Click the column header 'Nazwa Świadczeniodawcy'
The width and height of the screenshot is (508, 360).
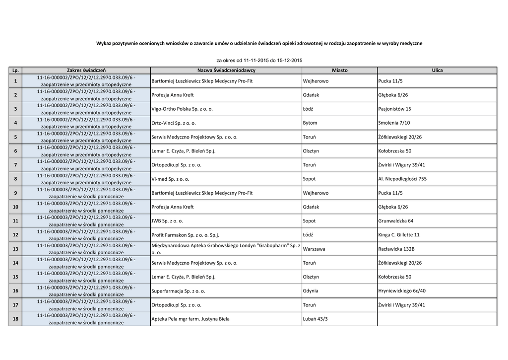click(x=226, y=71)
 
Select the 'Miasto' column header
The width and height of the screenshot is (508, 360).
click(x=339, y=71)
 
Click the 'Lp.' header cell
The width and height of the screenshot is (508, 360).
click(x=15, y=71)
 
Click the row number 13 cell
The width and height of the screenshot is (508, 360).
click(x=15, y=249)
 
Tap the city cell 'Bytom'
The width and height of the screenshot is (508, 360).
click(x=310, y=123)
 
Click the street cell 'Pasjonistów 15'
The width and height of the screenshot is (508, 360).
click(x=394, y=109)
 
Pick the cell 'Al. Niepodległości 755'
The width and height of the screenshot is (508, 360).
click(x=402, y=179)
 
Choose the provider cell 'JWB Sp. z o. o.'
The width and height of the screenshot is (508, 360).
click(x=167, y=221)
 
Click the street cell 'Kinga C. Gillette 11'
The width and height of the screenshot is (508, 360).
click(x=399, y=235)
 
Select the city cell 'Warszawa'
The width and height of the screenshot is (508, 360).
click(x=314, y=249)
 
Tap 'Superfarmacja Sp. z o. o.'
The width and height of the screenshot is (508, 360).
click(x=178, y=291)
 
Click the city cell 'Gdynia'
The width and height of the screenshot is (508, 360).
click(x=310, y=291)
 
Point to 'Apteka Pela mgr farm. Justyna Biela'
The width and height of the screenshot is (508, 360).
click(x=190, y=319)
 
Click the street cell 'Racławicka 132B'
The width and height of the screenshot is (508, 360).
click(x=396, y=249)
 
